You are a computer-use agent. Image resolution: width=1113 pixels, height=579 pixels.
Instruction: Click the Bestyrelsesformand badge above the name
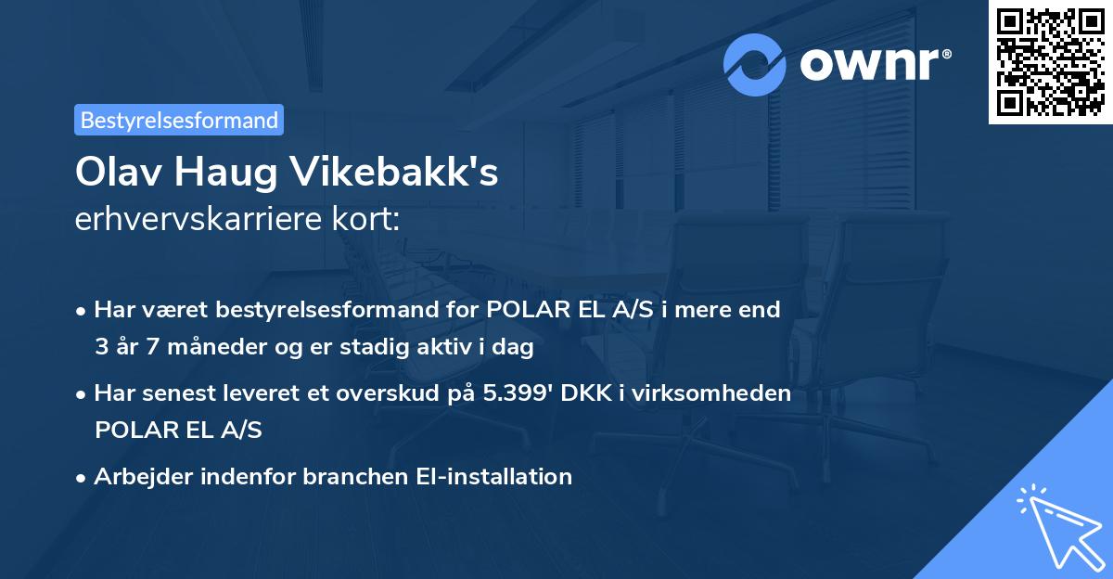[179, 120]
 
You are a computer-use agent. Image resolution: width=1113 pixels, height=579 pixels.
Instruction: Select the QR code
[1050, 62]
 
